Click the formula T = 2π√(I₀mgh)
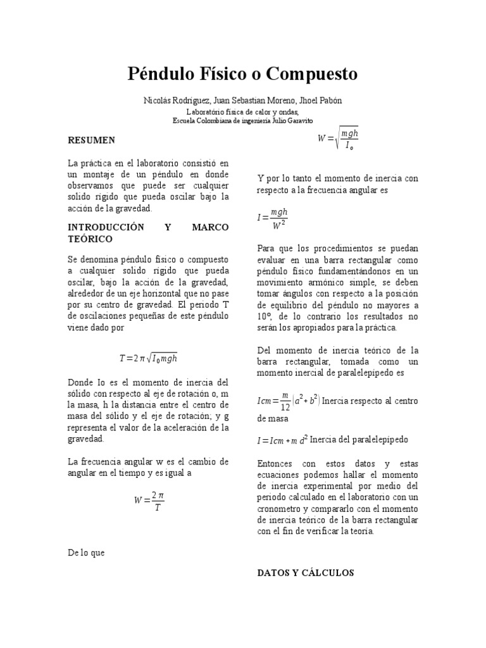pos(148,358)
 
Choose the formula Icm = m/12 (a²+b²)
pos(289,401)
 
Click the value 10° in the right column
pos(265,316)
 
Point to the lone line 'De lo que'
pos(86,552)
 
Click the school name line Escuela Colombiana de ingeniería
pos(242,120)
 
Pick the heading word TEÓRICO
pos(89,239)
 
